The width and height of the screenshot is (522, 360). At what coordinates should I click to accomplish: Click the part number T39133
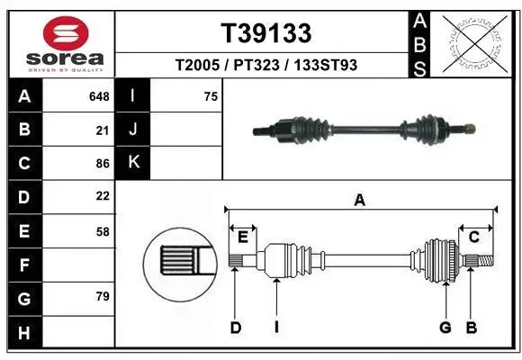pyautogui.click(x=266, y=33)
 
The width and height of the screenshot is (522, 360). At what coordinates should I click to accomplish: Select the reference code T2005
pyautogui.click(x=199, y=65)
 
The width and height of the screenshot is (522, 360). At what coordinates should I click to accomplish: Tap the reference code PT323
pyautogui.click(x=259, y=65)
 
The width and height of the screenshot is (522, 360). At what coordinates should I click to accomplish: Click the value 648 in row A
pyautogui.click(x=99, y=96)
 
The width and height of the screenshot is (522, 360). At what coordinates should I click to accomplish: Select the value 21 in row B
pyautogui.click(x=103, y=130)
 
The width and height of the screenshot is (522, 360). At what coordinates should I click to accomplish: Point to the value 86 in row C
pyautogui.click(x=103, y=163)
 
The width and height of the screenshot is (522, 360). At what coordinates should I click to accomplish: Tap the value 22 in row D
pyautogui.click(x=103, y=196)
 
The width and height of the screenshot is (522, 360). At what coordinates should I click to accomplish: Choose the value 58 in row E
pyautogui.click(x=103, y=230)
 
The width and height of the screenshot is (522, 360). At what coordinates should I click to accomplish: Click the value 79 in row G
pyautogui.click(x=103, y=296)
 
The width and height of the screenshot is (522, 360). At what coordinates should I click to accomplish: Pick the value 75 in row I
pyautogui.click(x=211, y=96)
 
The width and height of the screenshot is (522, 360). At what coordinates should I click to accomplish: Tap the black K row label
pyautogui.click(x=133, y=163)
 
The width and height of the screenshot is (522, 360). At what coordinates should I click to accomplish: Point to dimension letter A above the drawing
pyautogui.click(x=360, y=201)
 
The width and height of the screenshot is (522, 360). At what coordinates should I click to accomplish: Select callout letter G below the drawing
pyautogui.click(x=445, y=328)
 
